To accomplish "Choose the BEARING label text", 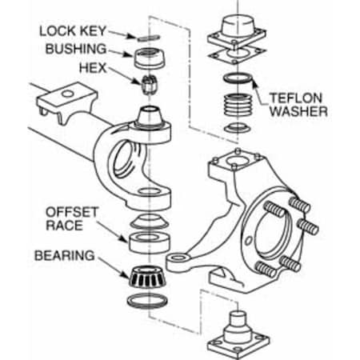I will coord(66,257).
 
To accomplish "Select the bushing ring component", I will coord(146,58).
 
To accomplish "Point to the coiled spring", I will coord(237,108).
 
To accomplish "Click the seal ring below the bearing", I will coord(146,300).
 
